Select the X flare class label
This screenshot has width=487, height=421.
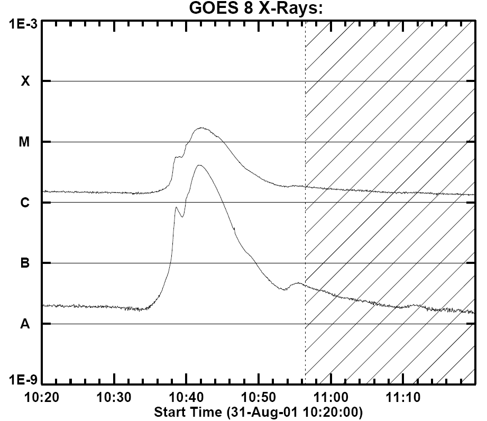coord(24,81)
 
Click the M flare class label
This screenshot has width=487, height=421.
coord(24,142)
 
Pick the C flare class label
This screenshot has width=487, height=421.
coord(24,203)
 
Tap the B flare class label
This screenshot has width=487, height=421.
coord(24,263)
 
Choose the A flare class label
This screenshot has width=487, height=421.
coord(24,324)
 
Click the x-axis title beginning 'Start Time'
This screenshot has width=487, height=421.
coord(258,411)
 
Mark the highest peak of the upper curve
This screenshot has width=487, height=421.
coord(201,128)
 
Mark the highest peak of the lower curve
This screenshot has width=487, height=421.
coord(199,165)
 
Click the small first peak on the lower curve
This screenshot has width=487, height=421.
coord(176,207)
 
